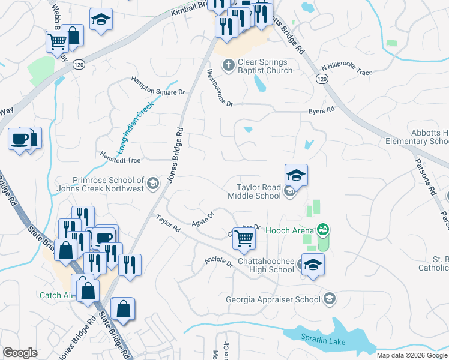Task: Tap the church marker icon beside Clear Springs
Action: click(228, 65)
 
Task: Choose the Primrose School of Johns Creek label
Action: click(108, 184)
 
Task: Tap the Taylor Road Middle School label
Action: click(254, 191)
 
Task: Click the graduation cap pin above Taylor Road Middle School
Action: click(296, 176)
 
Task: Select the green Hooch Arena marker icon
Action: click(324, 230)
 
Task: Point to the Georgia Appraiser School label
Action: click(273, 299)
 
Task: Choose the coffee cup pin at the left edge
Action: click(19, 140)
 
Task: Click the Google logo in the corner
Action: click(20, 352)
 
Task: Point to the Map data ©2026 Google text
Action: click(412, 355)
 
